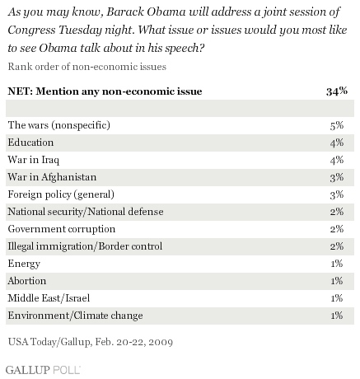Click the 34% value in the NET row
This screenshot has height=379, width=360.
(x=337, y=91)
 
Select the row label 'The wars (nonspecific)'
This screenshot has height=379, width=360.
(x=59, y=125)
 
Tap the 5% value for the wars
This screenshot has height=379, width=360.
(x=337, y=125)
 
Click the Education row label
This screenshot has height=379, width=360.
(x=30, y=143)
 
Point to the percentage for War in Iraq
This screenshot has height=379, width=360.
(x=337, y=160)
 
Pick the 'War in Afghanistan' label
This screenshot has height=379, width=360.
(x=52, y=177)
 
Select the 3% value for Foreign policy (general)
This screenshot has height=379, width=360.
(x=337, y=194)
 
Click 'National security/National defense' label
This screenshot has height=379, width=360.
(x=86, y=212)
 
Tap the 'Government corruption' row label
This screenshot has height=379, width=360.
(x=62, y=229)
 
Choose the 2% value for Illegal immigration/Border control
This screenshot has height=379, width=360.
(x=337, y=246)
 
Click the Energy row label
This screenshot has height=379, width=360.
(x=24, y=264)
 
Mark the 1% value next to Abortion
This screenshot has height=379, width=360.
(x=337, y=281)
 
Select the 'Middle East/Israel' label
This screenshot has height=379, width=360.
(x=49, y=298)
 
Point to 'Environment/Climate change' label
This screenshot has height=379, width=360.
(x=75, y=316)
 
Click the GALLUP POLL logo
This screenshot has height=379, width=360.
(x=43, y=370)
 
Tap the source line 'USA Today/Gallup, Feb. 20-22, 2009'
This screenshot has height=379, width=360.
(x=91, y=342)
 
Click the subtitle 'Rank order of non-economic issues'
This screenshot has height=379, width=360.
(x=87, y=67)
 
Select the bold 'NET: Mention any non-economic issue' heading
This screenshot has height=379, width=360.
(x=105, y=91)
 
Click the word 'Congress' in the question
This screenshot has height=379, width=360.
(x=31, y=30)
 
